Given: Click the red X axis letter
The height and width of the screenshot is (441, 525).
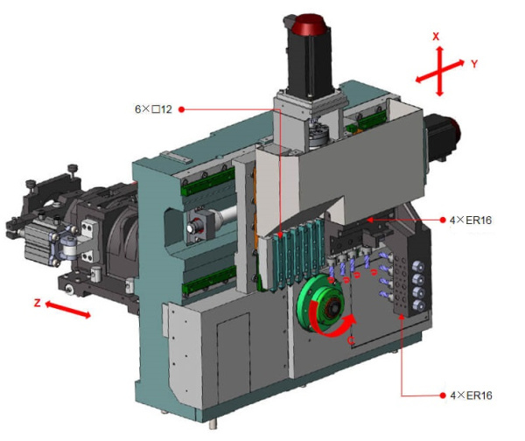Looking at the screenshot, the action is coord(436,37).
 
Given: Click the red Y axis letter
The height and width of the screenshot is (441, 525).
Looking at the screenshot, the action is coord(474,64).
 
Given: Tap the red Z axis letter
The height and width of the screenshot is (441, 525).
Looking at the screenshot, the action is coord(38,303).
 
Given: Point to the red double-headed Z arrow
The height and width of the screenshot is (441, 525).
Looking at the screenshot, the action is coord(67,310).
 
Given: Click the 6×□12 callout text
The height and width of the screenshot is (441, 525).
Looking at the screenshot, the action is coord(153,109).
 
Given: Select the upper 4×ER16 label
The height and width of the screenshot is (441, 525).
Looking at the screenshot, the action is coord(471,220).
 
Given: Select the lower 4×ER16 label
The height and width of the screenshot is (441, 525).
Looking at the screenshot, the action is coord(471,395).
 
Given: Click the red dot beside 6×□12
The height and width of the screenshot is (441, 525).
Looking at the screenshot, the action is coord(181,109).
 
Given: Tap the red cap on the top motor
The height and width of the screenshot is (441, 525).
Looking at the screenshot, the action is coord(308,24).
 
